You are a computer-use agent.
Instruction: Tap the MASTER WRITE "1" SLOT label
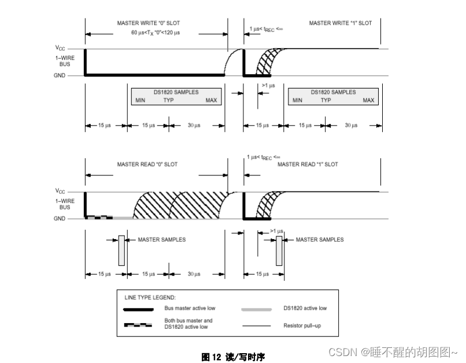340,23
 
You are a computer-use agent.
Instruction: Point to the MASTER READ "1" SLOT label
308,164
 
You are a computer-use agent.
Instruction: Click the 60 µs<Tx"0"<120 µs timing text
156,32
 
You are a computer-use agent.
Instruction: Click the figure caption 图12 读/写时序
233,357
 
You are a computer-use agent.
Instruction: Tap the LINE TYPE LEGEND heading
150,297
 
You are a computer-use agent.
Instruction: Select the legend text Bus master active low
190,308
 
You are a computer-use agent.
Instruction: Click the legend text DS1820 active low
305,308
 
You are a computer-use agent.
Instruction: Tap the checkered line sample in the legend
138,325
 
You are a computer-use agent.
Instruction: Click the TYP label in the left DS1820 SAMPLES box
168,101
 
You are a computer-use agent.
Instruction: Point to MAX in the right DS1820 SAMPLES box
368,101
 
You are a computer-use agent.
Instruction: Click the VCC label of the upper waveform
60,49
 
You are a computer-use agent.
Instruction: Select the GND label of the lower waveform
61,219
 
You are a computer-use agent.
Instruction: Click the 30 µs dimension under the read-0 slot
194,274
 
